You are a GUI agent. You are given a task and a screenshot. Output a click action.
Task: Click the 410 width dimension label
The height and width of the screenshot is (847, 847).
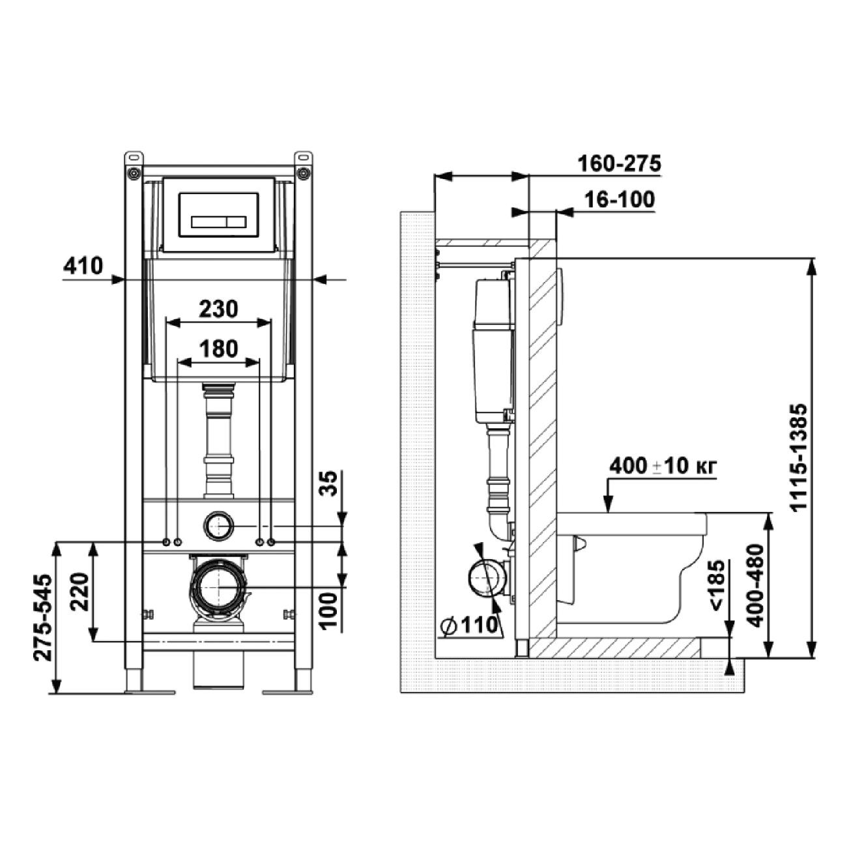click(x=83, y=266)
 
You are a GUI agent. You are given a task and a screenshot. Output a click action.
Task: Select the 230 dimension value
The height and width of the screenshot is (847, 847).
click(x=218, y=309)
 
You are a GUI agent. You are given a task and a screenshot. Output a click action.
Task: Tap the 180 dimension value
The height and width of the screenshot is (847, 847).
click(x=218, y=349)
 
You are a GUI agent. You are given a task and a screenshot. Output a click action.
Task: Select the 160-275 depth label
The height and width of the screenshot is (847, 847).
click(x=619, y=164)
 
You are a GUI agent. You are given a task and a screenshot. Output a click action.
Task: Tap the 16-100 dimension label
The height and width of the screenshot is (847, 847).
click(x=620, y=200)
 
